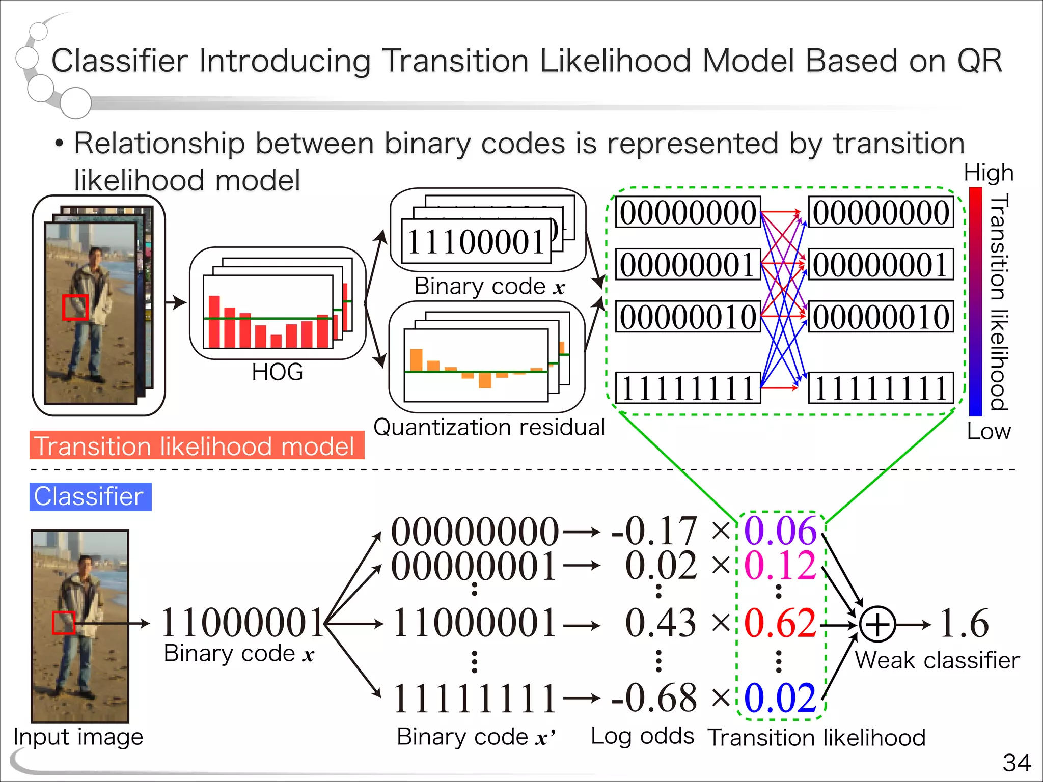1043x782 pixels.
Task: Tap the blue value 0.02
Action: tap(780, 698)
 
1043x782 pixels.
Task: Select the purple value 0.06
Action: tap(780, 531)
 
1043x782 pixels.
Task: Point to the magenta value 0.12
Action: tap(780, 565)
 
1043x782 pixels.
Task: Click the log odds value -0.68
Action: tap(654, 698)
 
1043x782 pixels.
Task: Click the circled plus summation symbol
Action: tap(877, 624)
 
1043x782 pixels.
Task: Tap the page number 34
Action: tap(1017, 763)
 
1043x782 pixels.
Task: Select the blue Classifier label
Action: tap(90, 496)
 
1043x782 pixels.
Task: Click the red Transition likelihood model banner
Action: tap(197, 445)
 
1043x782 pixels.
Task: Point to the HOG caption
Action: tap(277, 372)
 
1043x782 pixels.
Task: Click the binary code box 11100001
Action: tap(476, 241)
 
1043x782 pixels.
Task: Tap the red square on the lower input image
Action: tap(64, 623)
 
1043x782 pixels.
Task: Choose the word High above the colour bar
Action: tap(988, 173)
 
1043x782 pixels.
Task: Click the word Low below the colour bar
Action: tap(988, 432)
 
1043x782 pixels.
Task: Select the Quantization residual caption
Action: tap(489, 427)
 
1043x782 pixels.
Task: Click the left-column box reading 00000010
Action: tap(688, 317)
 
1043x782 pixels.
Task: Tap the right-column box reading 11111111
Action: tap(881, 388)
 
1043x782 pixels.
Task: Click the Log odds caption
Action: tap(642, 736)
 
